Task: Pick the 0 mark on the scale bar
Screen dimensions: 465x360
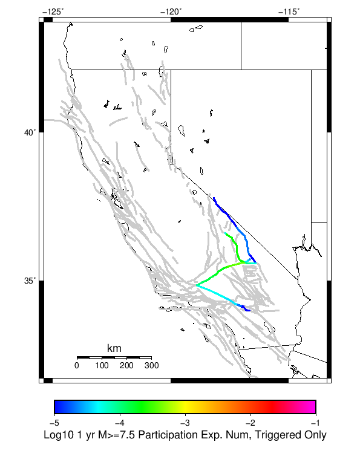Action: click(x=77, y=366)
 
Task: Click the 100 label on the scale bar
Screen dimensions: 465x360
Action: click(x=102, y=366)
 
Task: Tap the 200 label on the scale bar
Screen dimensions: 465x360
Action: click(x=126, y=366)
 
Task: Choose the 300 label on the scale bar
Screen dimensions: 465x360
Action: click(x=151, y=366)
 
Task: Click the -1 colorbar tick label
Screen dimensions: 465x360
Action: click(x=315, y=422)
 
